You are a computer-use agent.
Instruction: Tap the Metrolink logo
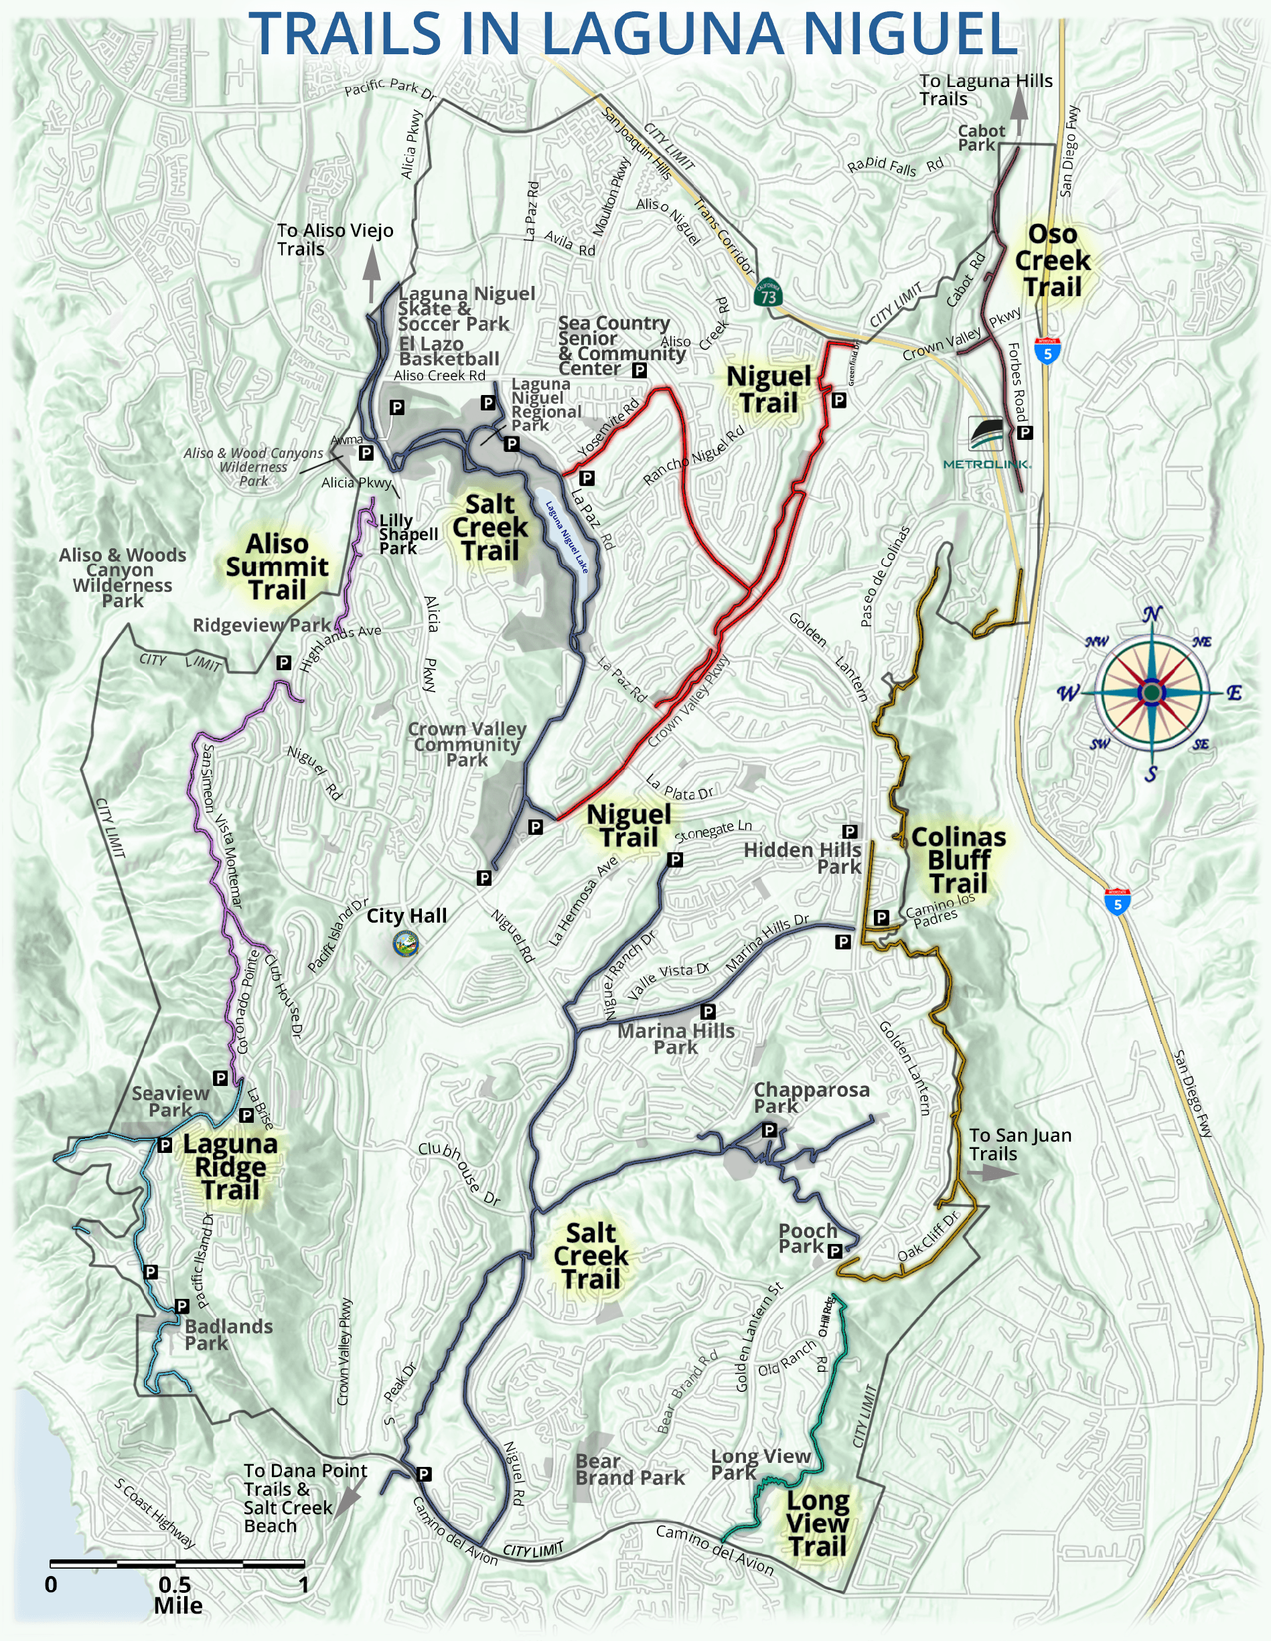click(x=987, y=442)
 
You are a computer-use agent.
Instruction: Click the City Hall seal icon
click(x=406, y=944)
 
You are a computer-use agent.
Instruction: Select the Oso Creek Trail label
click(x=1052, y=260)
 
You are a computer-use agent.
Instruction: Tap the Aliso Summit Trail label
click(x=277, y=566)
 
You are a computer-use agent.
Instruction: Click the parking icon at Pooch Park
click(x=834, y=1251)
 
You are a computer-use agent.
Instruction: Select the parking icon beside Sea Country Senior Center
click(x=639, y=370)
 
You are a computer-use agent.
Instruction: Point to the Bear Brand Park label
click(x=630, y=1470)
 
